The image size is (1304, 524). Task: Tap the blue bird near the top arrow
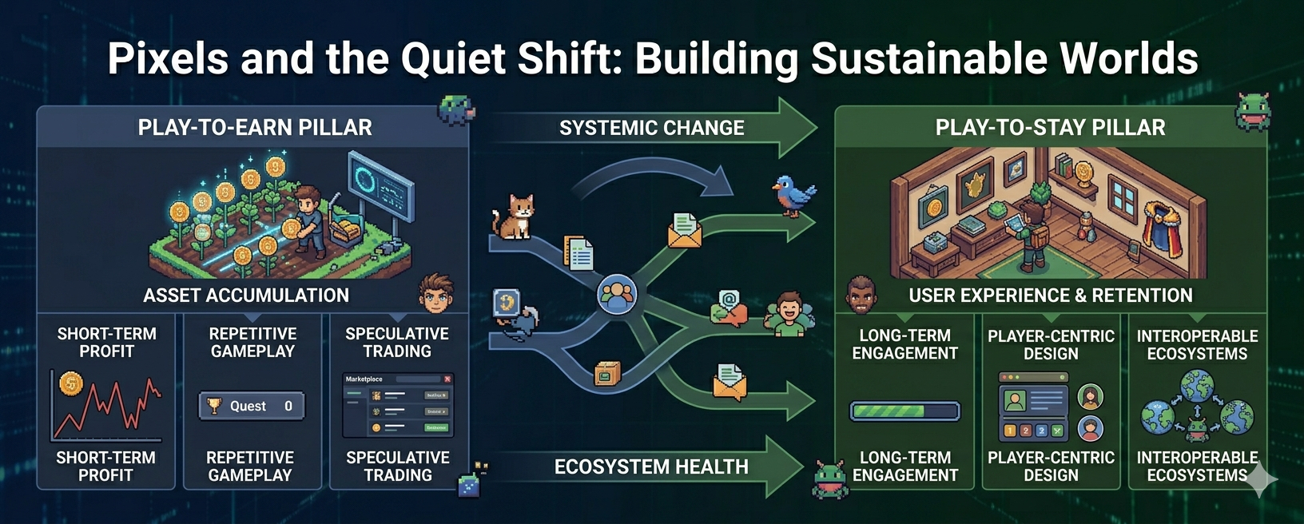point(793,195)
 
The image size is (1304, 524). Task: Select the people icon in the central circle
point(617,295)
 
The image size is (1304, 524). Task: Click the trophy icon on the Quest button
point(213,406)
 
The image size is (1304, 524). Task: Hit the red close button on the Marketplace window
point(447,379)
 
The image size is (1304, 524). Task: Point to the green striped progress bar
point(904,411)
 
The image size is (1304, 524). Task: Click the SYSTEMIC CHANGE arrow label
point(651,128)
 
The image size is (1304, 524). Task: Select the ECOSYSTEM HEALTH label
point(651,466)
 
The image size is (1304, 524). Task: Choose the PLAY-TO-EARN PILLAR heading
point(255,128)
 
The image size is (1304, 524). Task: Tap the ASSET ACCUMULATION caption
point(246,296)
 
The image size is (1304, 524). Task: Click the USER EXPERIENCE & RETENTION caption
point(1050,296)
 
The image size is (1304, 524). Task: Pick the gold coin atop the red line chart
point(71,384)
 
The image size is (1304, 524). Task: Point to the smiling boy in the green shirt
point(789,313)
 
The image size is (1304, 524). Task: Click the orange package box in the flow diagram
point(607,373)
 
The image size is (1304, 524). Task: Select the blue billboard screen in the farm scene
point(380,187)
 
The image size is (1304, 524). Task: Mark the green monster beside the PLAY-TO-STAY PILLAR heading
point(1251,112)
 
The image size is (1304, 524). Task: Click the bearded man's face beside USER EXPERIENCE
point(861,296)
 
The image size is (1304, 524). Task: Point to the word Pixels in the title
point(168,58)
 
